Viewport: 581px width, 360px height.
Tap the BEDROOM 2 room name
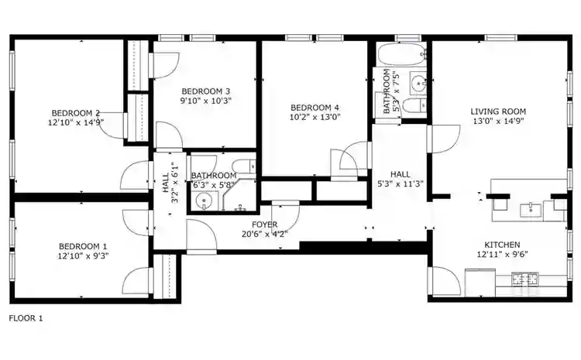(76, 111)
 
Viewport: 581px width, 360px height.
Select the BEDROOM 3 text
(205, 90)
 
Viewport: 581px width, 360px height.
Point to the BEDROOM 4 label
(315, 108)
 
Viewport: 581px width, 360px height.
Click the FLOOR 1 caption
(26, 318)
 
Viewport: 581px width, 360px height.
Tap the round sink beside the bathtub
(418, 81)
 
